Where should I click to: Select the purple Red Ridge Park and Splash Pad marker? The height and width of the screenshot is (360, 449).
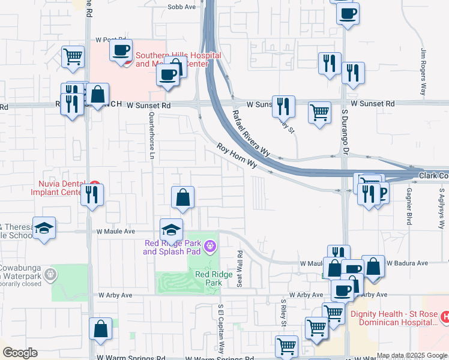[x=209, y=245]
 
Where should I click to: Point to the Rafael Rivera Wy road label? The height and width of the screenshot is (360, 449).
[x=252, y=133]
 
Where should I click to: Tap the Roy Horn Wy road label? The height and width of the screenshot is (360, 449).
[x=237, y=156]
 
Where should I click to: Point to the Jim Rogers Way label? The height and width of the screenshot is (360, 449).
[x=423, y=72]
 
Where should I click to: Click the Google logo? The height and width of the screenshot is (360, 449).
[x=19, y=353]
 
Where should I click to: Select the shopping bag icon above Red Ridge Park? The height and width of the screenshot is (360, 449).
[x=183, y=197]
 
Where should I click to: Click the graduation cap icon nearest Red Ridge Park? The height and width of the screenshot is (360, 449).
[x=171, y=230]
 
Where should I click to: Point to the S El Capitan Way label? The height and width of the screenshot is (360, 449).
[x=220, y=329]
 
